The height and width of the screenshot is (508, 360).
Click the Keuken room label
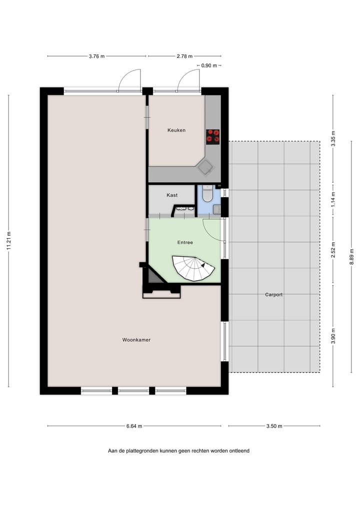[176, 130]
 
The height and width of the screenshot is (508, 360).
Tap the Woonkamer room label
[136, 340]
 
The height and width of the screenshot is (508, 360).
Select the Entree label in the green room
[185, 242]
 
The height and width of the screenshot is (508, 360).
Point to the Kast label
[172, 195]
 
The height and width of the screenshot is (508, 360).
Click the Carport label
[273, 295]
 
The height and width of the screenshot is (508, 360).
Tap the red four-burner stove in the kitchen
[213, 136]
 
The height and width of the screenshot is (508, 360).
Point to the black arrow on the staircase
[203, 266]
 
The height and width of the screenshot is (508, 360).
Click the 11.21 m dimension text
[9, 241]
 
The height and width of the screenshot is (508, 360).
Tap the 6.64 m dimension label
[133, 426]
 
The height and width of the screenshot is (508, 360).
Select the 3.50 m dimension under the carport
[274, 426]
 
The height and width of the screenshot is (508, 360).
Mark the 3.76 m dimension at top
[96, 56]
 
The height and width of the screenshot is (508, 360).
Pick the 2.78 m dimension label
[184, 56]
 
